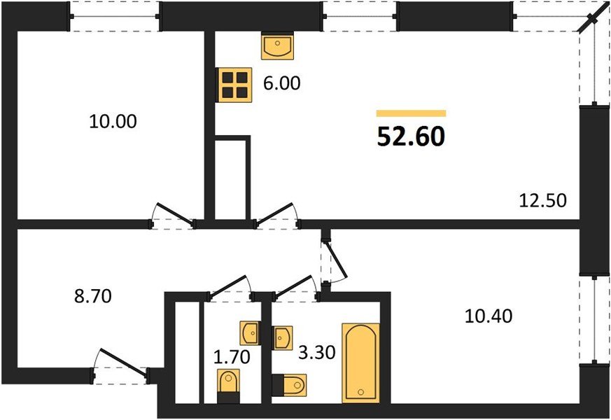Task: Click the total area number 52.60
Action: click(x=411, y=137)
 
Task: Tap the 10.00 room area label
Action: click(x=113, y=121)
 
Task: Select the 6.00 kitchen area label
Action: click(x=281, y=83)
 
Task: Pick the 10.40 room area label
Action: click(x=489, y=316)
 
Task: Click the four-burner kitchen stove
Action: click(x=234, y=84)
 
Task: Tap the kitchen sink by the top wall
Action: click(x=278, y=47)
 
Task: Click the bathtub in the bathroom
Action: click(x=360, y=363)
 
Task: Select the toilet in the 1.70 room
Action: click(x=228, y=387)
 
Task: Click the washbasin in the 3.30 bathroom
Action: click(x=283, y=337)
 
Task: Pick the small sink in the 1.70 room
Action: click(x=250, y=331)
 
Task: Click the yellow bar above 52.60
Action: click(x=411, y=113)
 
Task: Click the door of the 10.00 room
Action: click(x=173, y=216)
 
